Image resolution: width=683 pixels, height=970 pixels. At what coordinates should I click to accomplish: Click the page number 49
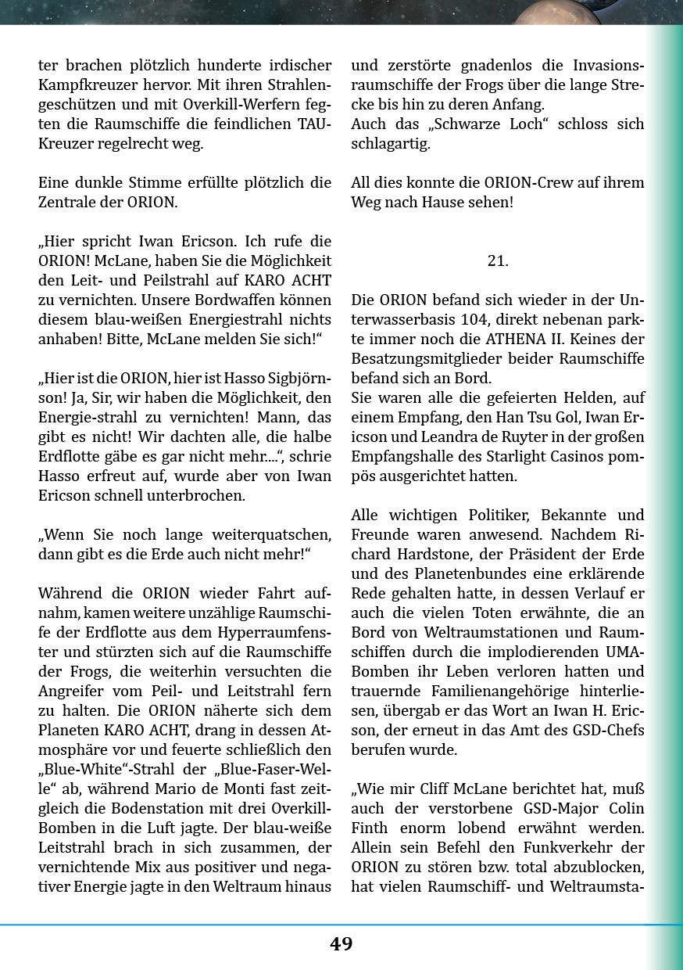click(x=341, y=944)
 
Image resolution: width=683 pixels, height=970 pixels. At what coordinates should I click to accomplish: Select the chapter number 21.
click(x=498, y=261)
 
